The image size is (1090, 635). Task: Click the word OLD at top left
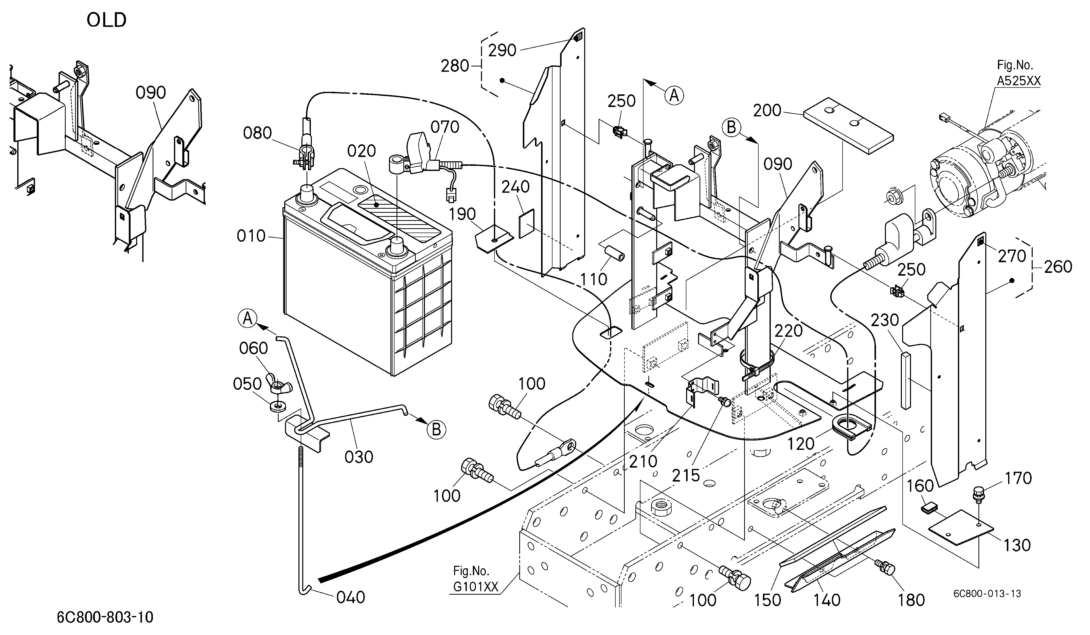pyautogui.click(x=106, y=20)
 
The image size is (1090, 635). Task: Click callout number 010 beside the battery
pyautogui.click(x=251, y=236)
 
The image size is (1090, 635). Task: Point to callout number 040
pyautogui.click(x=351, y=597)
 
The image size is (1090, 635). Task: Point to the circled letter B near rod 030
pyautogui.click(x=436, y=430)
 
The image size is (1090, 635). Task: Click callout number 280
pyautogui.click(x=455, y=66)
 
